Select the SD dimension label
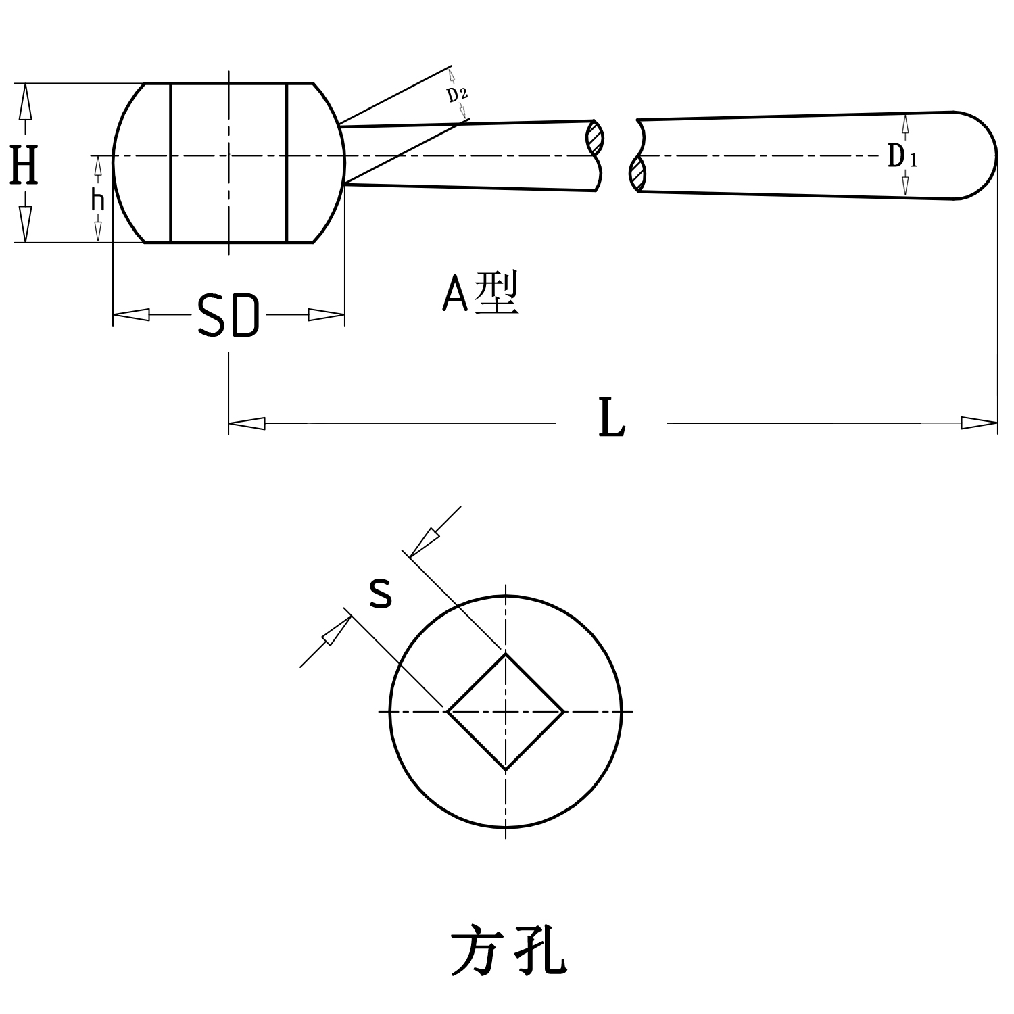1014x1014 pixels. [x=228, y=316]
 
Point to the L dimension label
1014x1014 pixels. [x=612, y=419]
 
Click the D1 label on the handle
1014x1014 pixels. [x=902, y=158]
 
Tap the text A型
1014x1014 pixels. [x=480, y=294]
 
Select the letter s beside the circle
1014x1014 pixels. [x=381, y=594]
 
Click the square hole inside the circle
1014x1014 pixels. [x=506, y=711]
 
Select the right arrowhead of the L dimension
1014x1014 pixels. [x=980, y=423]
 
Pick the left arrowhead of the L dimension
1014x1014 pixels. [x=247, y=423]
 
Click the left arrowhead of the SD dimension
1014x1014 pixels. [x=131, y=314]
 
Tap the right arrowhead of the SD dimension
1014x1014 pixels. [x=327, y=314]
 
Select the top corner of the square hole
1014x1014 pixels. [x=506, y=654]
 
